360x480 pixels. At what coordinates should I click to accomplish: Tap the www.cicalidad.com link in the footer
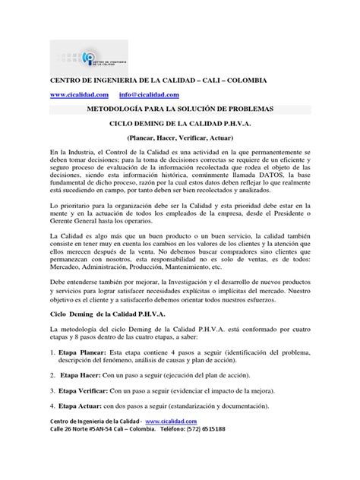[x=170, y=421]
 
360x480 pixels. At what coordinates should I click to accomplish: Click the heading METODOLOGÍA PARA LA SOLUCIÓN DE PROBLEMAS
[x=180, y=109]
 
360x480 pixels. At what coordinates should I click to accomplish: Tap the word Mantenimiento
[x=207, y=267]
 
